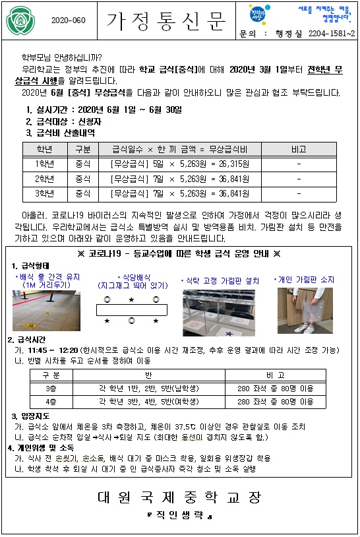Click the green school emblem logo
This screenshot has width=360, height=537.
[x=21, y=21]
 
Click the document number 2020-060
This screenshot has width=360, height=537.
[x=69, y=20]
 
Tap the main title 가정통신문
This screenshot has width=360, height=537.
[x=166, y=20]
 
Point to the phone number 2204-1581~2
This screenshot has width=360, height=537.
[x=332, y=34]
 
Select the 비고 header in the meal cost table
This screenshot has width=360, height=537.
[x=299, y=149]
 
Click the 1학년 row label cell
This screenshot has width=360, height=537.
[x=44, y=164]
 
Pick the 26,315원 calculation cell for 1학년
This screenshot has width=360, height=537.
[x=179, y=164]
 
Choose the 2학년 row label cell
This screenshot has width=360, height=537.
[x=44, y=179]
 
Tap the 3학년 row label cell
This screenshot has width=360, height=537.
[x=44, y=194]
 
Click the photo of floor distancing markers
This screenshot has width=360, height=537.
[x=46, y=311]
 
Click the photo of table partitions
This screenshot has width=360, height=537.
[x=219, y=313]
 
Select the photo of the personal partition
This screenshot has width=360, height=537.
[x=305, y=311]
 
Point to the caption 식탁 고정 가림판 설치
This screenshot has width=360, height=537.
[x=221, y=281]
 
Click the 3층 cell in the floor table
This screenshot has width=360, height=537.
[x=51, y=389]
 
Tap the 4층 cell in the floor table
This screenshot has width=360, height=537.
[x=51, y=401]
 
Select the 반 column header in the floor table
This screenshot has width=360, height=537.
[x=148, y=375]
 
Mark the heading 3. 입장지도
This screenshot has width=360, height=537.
[x=30, y=416]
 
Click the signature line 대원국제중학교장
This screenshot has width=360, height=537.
[x=179, y=497]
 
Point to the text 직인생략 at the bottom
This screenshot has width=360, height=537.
[x=179, y=515]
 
